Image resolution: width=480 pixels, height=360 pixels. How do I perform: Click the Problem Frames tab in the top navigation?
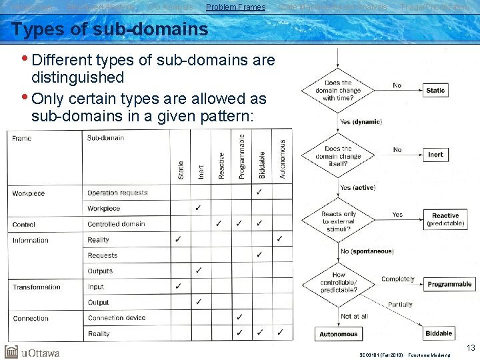click(x=235, y=7)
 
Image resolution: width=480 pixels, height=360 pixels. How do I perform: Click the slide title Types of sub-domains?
click(x=110, y=30)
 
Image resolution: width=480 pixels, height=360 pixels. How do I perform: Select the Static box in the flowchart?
click(x=435, y=90)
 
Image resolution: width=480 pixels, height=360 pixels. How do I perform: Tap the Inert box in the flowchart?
click(x=435, y=155)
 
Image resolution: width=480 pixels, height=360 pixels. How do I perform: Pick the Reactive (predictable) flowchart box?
click(x=445, y=219)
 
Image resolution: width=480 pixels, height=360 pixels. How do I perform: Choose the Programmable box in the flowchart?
click(x=449, y=284)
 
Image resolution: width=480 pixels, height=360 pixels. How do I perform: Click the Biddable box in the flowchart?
click(x=438, y=333)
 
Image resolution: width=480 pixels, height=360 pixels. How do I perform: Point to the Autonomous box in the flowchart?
click(x=338, y=333)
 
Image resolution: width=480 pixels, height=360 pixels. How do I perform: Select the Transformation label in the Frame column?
click(x=36, y=287)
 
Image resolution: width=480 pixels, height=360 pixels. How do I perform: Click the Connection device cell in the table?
click(x=117, y=318)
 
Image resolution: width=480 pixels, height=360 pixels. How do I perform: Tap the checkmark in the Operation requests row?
click(x=259, y=193)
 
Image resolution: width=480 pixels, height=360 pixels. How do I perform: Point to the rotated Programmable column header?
click(x=241, y=157)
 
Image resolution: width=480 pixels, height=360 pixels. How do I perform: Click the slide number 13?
click(x=471, y=347)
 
